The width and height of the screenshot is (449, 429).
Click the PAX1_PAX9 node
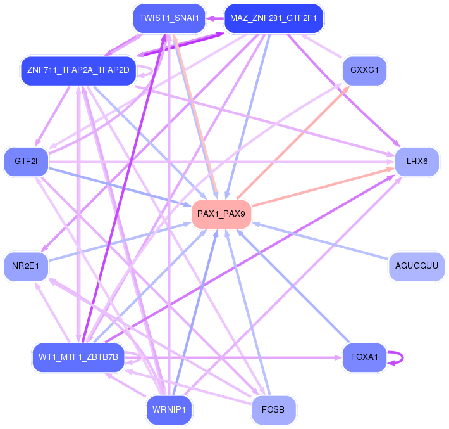point(221,214)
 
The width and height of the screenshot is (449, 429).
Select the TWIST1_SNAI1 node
point(169,18)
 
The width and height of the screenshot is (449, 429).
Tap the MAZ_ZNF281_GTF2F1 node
point(273,18)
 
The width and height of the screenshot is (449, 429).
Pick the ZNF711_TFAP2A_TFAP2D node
point(78,69)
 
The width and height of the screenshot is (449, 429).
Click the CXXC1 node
point(364,70)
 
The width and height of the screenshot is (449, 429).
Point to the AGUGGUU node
point(416,266)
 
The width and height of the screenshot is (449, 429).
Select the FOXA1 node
point(364,357)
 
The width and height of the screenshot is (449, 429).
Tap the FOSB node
point(273,409)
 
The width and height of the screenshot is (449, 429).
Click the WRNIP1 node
point(168,409)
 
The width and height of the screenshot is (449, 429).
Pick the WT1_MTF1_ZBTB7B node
point(78,357)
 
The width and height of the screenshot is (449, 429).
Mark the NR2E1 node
point(25,266)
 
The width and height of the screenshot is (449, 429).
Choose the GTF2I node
point(26,162)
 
